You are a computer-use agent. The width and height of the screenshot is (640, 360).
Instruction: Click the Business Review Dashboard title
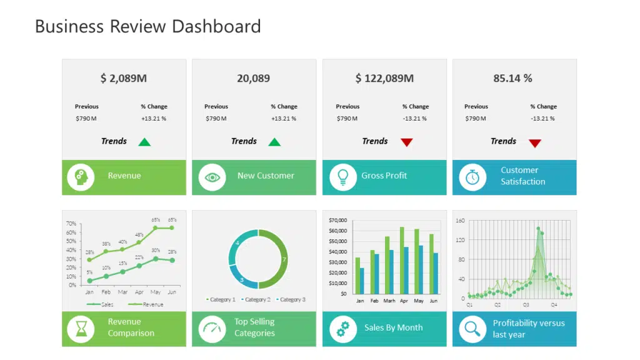point(147,26)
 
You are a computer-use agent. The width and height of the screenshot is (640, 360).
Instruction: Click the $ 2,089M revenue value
point(124,78)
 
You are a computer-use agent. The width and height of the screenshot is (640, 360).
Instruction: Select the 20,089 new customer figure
point(253,78)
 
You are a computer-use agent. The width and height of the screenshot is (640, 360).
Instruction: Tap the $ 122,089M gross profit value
point(384,78)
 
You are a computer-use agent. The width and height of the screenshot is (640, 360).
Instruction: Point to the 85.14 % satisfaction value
point(512,78)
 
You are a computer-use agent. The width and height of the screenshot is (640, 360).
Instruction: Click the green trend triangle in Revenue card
point(144,142)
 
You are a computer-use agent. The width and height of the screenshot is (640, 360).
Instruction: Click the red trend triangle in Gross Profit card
point(407,142)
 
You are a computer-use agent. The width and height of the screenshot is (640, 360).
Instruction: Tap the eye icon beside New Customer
point(212,177)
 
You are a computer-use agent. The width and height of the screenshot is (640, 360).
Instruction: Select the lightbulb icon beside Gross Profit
point(342,177)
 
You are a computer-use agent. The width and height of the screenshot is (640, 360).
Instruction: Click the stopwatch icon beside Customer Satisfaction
point(472,177)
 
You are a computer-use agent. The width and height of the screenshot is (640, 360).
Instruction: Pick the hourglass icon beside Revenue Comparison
point(81,328)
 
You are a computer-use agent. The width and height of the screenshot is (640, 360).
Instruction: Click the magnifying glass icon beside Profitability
point(472,329)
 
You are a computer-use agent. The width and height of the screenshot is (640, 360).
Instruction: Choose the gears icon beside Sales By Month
point(342,329)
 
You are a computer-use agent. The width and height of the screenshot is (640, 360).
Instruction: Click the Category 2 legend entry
point(256,300)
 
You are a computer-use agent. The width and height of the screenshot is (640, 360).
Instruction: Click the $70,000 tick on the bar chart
point(337,221)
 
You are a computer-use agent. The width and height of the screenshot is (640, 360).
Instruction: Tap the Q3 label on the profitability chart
point(526,305)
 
